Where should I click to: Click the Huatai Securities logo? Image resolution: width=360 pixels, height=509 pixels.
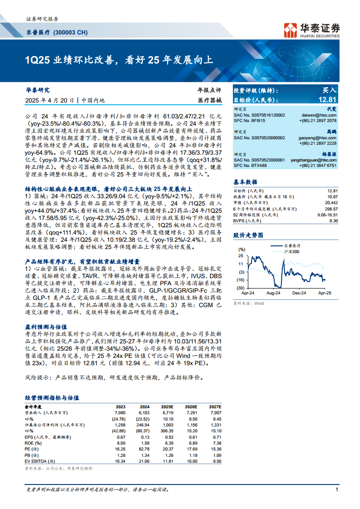tap(311, 29)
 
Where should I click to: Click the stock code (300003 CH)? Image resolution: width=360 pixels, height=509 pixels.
tap(70, 33)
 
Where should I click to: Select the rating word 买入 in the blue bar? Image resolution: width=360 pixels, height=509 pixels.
tap(329, 90)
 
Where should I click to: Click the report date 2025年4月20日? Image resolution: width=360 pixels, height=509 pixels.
tap(49, 100)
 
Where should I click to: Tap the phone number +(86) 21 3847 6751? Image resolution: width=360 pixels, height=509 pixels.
tap(318, 166)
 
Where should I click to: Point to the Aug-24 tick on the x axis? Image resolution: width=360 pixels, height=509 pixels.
tap(273, 294)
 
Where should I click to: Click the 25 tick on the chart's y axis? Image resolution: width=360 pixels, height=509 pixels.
tap(241, 256)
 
